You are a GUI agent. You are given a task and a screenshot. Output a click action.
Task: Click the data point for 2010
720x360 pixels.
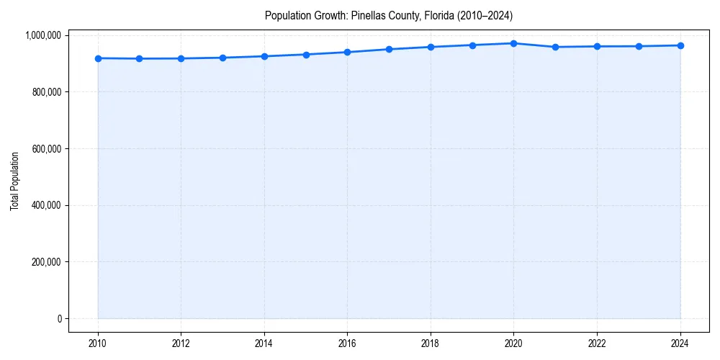tap(98, 58)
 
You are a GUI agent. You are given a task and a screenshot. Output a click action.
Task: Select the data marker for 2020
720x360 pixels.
tap(513, 43)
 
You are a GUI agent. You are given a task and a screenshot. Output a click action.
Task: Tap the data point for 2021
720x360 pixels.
tap(555, 47)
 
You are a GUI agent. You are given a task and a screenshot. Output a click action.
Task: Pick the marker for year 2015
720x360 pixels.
tap(306, 55)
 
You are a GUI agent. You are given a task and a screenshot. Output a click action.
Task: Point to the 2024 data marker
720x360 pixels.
tap(680, 45)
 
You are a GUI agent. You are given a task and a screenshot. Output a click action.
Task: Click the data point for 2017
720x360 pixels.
tap(389, 49)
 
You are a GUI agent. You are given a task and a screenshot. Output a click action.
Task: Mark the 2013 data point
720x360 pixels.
tap(222, 58)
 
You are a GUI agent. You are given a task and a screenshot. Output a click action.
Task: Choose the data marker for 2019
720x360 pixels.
tap(472, 45)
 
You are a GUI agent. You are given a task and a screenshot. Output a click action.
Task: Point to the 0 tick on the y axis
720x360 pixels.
tap(60, 318)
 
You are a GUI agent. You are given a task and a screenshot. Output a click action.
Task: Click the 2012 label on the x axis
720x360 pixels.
tap(181, 343)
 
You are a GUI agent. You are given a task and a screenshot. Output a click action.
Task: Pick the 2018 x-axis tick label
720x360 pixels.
tap(431, 343)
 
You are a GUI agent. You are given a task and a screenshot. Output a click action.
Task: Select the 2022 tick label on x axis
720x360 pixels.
tap(597, 343)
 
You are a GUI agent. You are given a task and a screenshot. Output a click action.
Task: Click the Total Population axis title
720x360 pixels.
tap(14, 181)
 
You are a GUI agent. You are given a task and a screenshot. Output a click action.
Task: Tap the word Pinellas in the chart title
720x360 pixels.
tap(367, 15)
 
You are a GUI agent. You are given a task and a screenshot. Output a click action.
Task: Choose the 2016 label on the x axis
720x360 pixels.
tap(347, 343)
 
